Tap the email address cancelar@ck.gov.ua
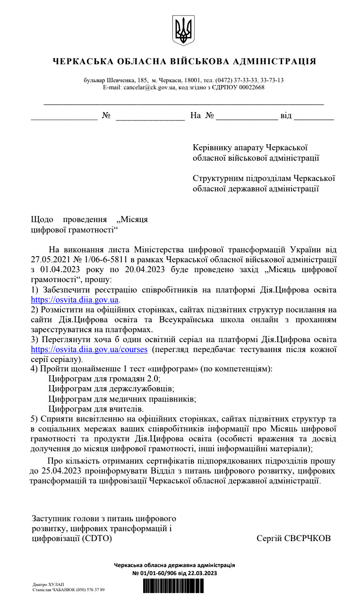[150, 87]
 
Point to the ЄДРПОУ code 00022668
[250, 87]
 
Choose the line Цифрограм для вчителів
[96, 408]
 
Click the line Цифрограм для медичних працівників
[122, 398]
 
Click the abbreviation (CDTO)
[97, 539]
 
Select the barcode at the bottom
[173, 586]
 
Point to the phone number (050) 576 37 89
[88, 590]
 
